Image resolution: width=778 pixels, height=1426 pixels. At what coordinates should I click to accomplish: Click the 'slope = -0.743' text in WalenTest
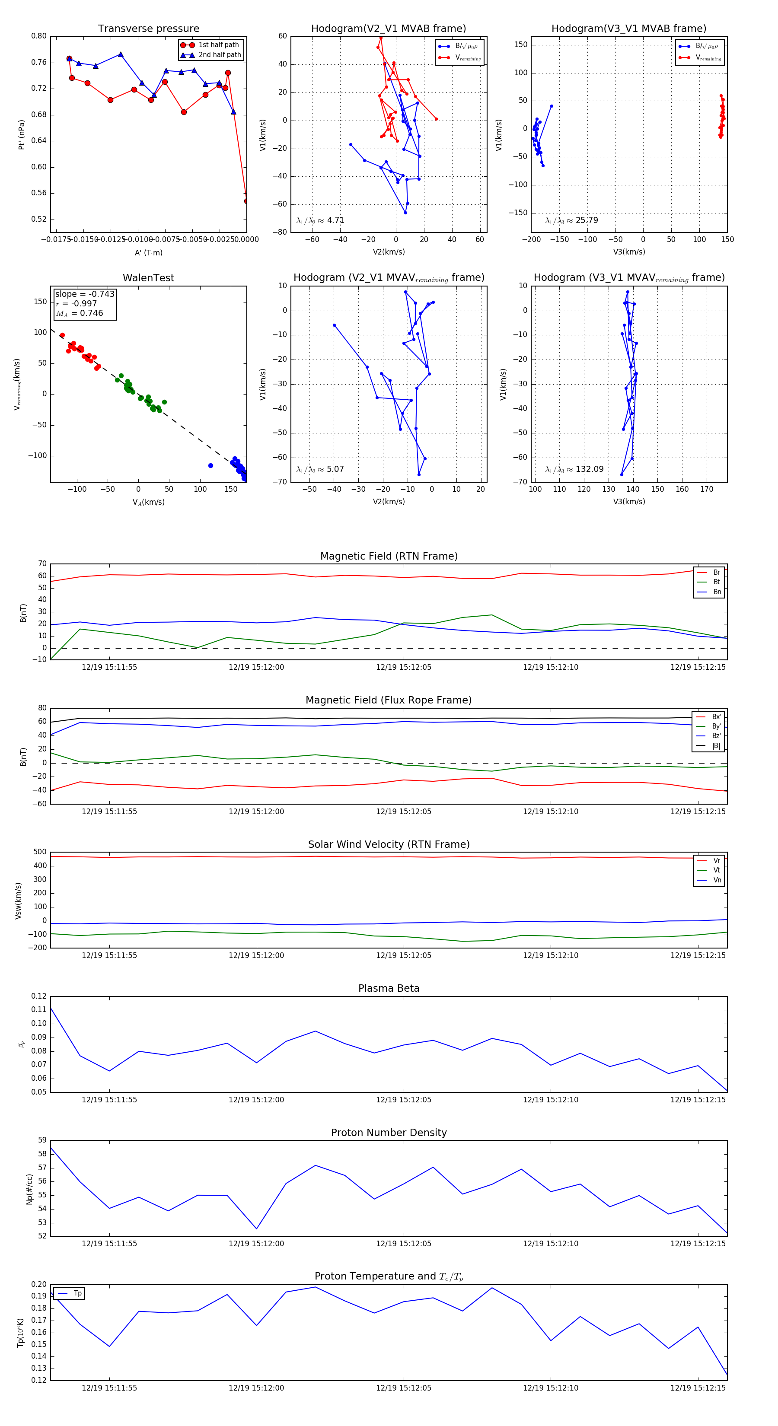(x=85, y=294)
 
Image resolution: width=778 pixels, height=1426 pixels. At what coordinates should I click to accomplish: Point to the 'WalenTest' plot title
(x=148, y=278)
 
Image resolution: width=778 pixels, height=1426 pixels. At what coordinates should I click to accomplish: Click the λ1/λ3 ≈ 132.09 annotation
(x=574, y=469)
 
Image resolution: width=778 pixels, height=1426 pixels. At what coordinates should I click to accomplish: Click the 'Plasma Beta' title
(x=389, y=989)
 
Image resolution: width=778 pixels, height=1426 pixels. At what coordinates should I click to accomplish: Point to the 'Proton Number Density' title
(x=389, y=1133)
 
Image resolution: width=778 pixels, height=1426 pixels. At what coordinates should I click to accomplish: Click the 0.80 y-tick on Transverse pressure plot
(x=39, y=36)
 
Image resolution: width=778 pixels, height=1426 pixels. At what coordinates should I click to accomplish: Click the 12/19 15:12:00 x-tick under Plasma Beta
(x=256, y=1099)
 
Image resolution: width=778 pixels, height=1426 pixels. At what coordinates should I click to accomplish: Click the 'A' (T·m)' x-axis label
(x=148, y=253)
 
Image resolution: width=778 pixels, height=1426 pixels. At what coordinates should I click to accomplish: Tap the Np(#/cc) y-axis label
(x=30, y=1189)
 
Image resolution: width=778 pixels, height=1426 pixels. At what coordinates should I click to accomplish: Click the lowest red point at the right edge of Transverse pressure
(x=246, y=201)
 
